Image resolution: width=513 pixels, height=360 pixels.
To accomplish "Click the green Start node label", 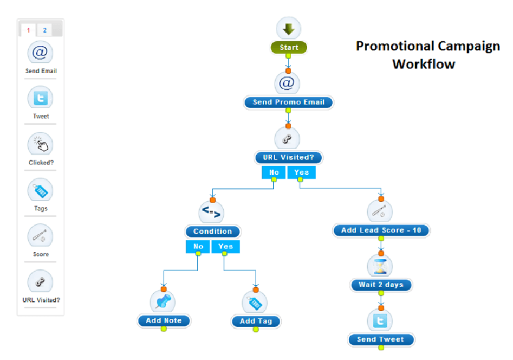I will [289, 48].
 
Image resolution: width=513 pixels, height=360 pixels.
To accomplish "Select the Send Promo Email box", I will [288, 102].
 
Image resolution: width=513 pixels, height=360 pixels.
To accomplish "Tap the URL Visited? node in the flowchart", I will [288, 158].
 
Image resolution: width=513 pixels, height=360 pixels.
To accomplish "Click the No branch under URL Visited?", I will [274, 172].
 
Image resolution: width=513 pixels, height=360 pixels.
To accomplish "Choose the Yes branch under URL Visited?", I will [301, 172].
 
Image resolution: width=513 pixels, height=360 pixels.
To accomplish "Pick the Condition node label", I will [212, 231].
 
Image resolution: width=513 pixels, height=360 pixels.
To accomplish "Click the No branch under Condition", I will [198, 246].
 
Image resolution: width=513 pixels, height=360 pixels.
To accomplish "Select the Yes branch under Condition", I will [225, 246].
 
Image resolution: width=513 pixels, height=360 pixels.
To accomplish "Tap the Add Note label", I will [164, 320].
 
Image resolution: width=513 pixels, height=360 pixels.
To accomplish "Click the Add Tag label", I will [256, 321].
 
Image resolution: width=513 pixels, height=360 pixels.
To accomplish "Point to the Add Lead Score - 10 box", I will [381, 230].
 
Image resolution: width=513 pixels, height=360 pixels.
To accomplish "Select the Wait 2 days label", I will [381, 285].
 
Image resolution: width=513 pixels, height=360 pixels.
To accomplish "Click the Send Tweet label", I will [380, 339].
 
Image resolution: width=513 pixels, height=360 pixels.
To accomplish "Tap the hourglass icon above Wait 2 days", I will [380, 266].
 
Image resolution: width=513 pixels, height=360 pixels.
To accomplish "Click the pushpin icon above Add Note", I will [163, 301].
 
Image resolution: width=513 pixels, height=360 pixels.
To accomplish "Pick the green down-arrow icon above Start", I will [289, 28].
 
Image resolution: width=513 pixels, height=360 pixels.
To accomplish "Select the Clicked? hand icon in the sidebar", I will [41, 144].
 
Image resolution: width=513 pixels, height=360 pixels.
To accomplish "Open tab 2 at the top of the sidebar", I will [44, 30].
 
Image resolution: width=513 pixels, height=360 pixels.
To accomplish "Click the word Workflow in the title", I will [424, 64].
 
